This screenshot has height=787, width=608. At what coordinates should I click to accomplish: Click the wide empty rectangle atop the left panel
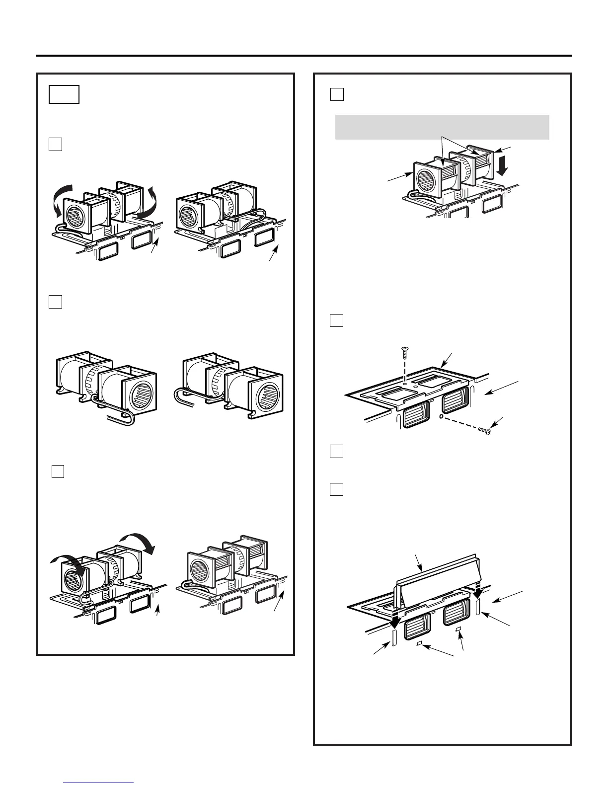pos(64,94)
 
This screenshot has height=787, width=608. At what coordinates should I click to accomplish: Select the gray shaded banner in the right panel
pos(442,127)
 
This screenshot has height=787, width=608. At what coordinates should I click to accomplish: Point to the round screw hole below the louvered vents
pos(441,416)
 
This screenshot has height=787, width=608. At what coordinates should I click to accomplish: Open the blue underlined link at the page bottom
pos(99,783)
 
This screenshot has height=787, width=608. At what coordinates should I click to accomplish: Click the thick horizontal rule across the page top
pos(304,56)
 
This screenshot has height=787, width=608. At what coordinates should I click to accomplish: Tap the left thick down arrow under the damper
pos(395,621)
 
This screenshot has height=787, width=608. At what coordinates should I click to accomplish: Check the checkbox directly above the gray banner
pos(337,94)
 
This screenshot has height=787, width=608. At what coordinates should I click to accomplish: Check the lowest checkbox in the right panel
pos(336,489)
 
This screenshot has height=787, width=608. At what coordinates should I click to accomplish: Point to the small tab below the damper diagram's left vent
pos(419,643)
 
